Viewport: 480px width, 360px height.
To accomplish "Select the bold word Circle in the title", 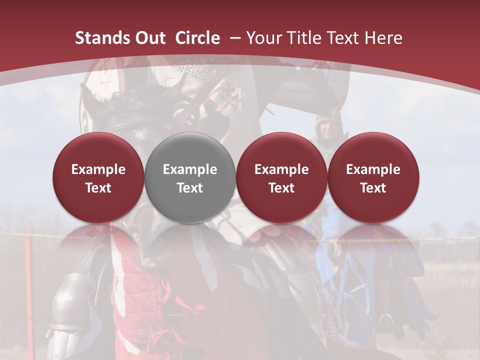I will click(x=197, y=38).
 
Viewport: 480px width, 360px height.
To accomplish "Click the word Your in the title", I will click(x=263, y=38).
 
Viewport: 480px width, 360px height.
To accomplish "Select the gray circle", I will click(x=190, y=177).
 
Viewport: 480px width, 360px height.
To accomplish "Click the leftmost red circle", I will click(x=98, y=177).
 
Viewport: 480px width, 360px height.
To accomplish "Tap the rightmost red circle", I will click(x=373, y=177).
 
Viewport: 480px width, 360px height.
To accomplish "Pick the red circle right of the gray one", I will click(x=281, y=177).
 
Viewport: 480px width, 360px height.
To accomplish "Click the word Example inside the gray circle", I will click(x=190, y=169).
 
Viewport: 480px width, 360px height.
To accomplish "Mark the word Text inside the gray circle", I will click(x=190, y=188).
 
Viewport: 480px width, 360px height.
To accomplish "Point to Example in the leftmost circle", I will click(x=98, y=169).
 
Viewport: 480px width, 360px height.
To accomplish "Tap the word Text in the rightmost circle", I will click(x=373, y=188).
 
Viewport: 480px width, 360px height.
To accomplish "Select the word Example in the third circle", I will click(x=281, y=169).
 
